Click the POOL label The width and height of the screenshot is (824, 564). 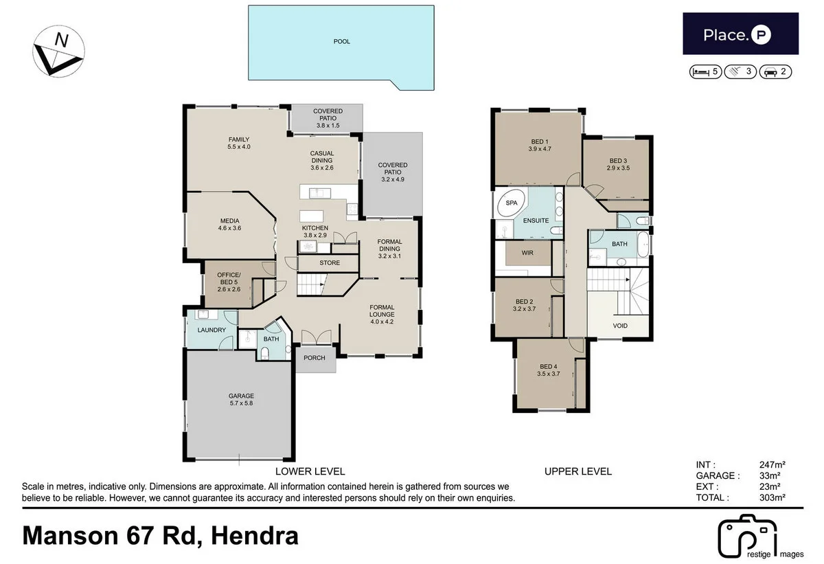341,42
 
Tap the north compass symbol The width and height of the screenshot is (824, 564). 58,50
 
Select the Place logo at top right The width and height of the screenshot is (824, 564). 740,34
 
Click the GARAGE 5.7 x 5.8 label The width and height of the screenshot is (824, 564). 241,400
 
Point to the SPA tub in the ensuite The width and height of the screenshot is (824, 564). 511,204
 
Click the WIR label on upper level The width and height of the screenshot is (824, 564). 527,253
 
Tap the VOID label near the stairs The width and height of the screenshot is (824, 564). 619,326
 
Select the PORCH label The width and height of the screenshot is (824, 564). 315,358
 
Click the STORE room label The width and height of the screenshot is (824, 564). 330,262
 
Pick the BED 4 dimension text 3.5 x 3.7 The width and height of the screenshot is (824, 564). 550,374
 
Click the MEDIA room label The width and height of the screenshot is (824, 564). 229,225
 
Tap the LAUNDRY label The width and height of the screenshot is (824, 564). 211,330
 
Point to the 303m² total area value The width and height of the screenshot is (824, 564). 772,497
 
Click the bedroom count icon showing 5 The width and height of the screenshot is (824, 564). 705,71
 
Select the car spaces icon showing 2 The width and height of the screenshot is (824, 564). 777,71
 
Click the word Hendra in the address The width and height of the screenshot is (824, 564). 255,534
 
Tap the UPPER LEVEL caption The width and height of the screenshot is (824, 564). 577,471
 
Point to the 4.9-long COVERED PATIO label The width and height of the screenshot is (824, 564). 392,172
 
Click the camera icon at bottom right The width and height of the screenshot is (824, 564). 746,536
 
